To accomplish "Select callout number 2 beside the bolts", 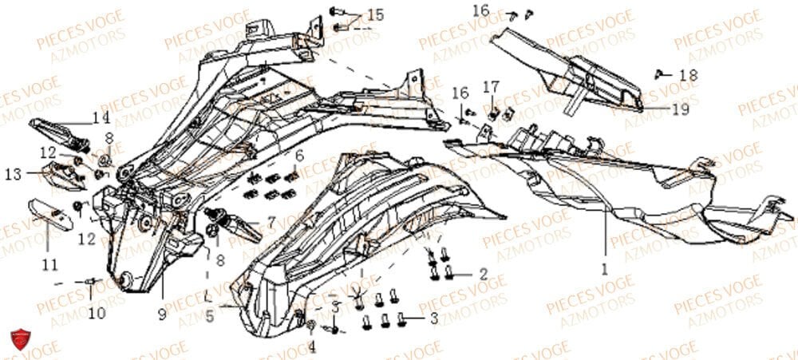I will pos(484,274).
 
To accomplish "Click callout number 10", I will pos(97,314).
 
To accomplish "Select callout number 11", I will pos(49,264).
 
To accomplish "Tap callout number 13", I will pos(13,173).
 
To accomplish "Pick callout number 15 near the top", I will pos(374,14).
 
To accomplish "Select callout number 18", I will pos(688,73).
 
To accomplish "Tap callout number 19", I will pos(679,110).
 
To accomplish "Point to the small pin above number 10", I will pos(89,281).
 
